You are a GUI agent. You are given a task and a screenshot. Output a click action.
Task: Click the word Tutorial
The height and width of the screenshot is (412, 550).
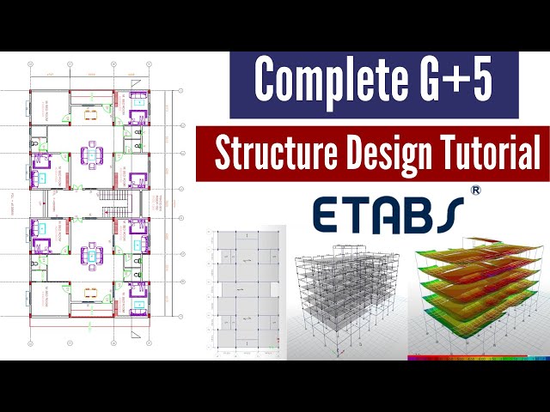click(487, 154)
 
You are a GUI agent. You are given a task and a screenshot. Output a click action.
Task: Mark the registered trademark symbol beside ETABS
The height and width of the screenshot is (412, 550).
click(475, 188)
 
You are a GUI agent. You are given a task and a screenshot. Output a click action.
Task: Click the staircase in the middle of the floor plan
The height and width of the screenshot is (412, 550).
click(110, 206)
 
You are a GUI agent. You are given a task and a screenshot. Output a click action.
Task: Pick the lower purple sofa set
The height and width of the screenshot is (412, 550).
click(90, 254)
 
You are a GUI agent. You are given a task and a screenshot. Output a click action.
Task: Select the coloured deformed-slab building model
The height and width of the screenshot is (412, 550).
click(478, 296)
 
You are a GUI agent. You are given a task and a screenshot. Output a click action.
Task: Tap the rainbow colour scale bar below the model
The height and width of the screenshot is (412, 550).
click(478, 357)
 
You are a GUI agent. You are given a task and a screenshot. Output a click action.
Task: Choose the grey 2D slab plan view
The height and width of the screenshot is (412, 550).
click(244, 292)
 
